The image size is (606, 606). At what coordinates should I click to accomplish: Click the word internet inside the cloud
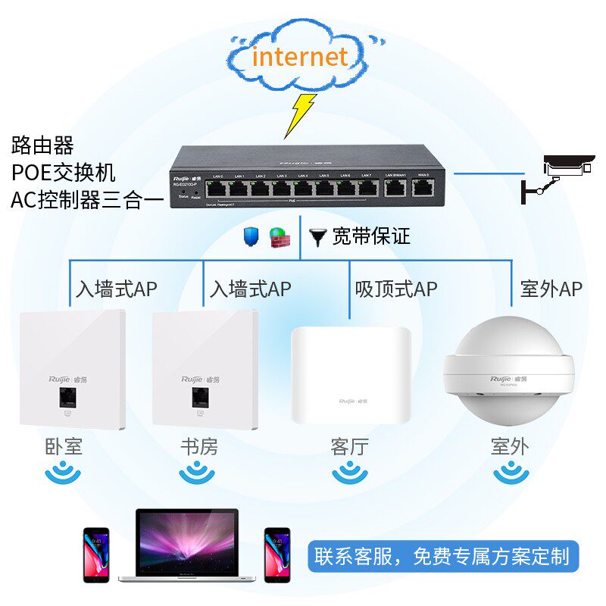tap(300, 58)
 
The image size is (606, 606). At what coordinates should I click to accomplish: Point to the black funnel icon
tap(317, 237)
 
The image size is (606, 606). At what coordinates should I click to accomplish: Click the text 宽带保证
tap(371, 237)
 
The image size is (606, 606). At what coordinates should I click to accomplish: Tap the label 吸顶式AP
tap(395, 289)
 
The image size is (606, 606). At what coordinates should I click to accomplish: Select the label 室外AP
tap(551, 289)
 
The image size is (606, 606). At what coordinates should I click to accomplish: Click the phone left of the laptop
tap(96, 554)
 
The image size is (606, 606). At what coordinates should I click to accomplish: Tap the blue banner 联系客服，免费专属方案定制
tap(442, 558)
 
